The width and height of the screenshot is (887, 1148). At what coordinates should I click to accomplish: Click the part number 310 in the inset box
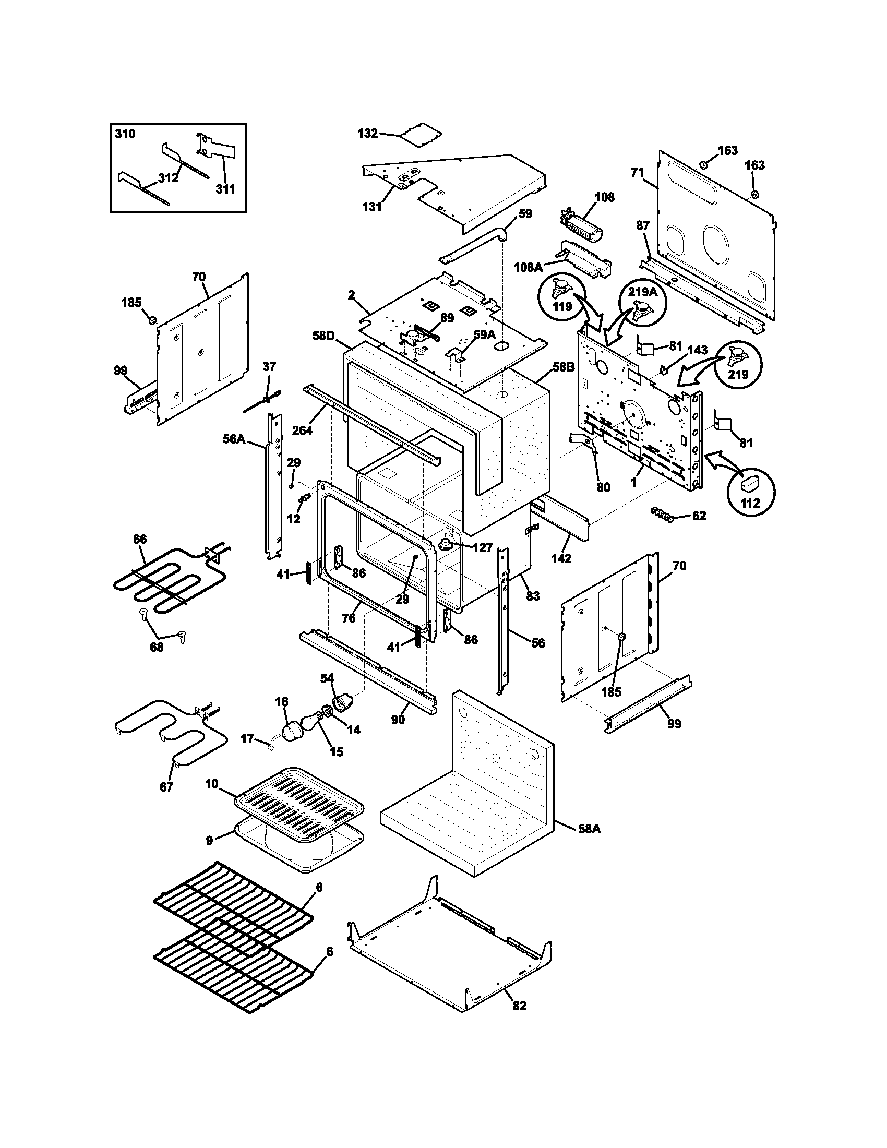click(x=125, y=134)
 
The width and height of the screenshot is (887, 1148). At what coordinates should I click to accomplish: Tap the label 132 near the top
click(x=367, y=134)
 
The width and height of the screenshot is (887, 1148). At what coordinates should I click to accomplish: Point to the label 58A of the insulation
click(x=589, y=829)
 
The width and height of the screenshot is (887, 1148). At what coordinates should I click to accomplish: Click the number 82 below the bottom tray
click(x=519, y=1006)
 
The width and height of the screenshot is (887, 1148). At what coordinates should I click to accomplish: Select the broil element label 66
click(x=140, y=539)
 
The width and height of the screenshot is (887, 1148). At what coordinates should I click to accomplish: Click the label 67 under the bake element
click(x=166, y=802)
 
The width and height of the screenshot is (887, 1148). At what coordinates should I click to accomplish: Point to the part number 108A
click(x=528, y=268)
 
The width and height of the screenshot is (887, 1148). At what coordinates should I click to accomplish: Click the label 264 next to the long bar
click(x=302, y=430)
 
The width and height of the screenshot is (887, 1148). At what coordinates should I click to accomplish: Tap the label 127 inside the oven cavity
click(x=482, y=548)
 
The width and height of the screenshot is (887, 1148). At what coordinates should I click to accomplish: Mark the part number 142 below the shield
click(x=561, y=558)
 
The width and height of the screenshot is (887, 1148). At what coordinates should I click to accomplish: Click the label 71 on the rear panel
click(x=637, y=172)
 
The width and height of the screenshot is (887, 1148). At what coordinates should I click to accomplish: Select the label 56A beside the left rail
click(x=234, y=438)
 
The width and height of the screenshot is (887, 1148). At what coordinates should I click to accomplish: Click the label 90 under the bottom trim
click(x=398, y=720)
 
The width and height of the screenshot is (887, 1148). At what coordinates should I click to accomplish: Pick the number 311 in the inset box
click(x=225, y=189)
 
